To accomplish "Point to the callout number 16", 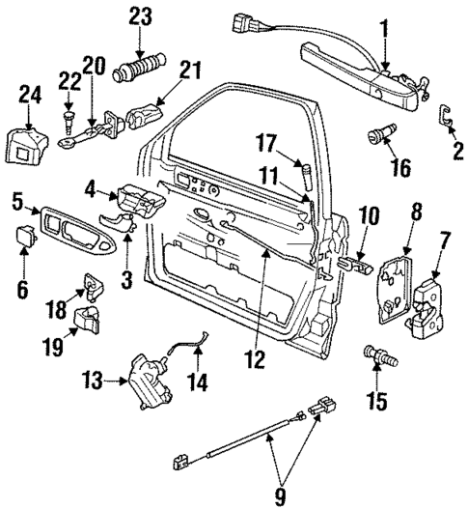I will point(396,168).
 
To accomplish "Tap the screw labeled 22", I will point(70,121).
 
